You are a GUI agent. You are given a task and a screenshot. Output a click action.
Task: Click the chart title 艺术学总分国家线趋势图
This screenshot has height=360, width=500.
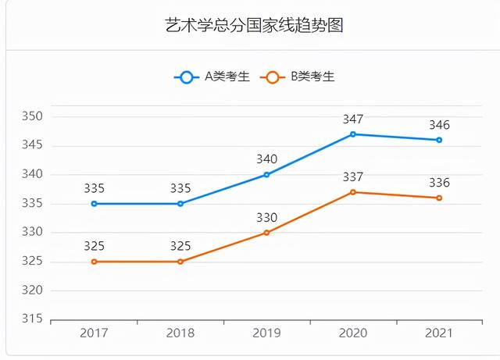[x=255, y=25]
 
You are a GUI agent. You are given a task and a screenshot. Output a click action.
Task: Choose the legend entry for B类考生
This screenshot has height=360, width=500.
[x=300, y=77]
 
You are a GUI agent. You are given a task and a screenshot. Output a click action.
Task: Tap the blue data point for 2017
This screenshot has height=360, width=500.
[x=95, y=204]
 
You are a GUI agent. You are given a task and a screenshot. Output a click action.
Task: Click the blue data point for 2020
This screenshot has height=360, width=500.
[x=353, y=134]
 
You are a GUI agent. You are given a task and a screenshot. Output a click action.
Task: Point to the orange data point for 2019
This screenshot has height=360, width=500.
[x=266, y=233]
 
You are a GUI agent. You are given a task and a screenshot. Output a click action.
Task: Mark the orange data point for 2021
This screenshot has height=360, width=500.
[x=439, y=198]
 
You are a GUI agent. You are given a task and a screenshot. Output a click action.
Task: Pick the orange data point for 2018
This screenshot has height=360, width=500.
[x=180, y=262]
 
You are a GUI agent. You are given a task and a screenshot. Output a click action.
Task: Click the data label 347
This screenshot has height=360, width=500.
[x=353, y=119]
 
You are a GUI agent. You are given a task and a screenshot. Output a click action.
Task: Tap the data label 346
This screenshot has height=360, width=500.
[x=439, y=125]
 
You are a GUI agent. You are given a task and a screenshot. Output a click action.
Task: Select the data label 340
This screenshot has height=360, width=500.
[x=266, y=159]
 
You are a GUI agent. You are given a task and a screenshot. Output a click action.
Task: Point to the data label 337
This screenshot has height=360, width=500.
[x=353, y=177]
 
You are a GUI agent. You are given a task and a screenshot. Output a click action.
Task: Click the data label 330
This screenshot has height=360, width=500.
[x=266, y=218]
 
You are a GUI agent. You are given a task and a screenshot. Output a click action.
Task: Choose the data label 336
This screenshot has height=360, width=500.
[x=439, y=183]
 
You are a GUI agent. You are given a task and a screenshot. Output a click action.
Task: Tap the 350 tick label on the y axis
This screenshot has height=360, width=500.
[x=31, y=117]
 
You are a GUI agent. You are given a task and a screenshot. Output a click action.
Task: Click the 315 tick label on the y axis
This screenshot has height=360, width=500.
[x=31, y=319]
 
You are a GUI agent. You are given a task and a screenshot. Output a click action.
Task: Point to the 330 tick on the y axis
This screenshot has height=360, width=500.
[x=31, y=233]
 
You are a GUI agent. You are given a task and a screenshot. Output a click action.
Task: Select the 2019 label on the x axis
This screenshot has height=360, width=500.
[x=266, y=333]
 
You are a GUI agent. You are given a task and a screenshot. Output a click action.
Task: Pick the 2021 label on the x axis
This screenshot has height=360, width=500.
[x=439, y=333]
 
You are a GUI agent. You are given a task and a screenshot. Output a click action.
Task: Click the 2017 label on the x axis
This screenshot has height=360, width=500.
[x=95, y=333]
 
